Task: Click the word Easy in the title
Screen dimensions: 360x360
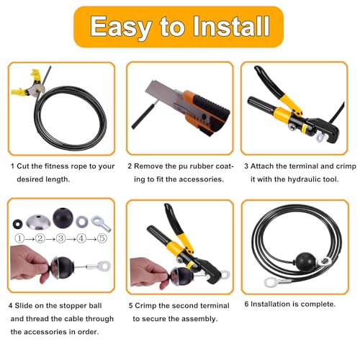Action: coord(121,27)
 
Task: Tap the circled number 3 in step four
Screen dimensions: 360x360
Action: coord(60,238)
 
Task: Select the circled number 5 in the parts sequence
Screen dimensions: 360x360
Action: coord(102,238)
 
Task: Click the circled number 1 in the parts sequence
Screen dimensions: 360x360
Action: coord(19,238)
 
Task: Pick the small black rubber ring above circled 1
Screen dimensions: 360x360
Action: coord(18,224)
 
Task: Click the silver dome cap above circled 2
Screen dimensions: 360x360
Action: coord(38,222)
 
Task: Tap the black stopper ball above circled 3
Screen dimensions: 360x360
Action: coord(63,218)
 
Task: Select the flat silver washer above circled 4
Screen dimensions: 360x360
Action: coord(82,222)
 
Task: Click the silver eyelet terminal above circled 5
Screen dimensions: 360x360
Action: coord(101,223)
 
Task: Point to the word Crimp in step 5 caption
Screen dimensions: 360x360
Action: coord(145,306)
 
